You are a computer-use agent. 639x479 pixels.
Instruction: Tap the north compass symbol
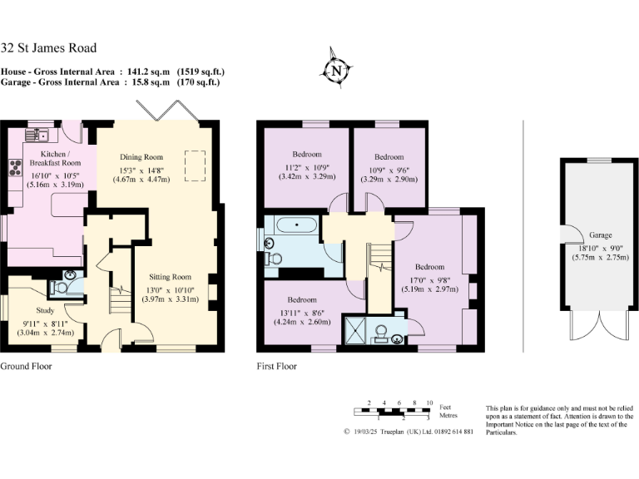337,71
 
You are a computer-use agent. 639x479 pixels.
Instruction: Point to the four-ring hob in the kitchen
16,169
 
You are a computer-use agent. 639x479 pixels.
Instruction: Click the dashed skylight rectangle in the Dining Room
196,166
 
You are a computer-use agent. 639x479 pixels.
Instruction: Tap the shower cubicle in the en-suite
357,330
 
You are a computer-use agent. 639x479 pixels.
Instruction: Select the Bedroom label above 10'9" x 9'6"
389,157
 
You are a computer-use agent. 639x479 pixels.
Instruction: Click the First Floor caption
277,366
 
